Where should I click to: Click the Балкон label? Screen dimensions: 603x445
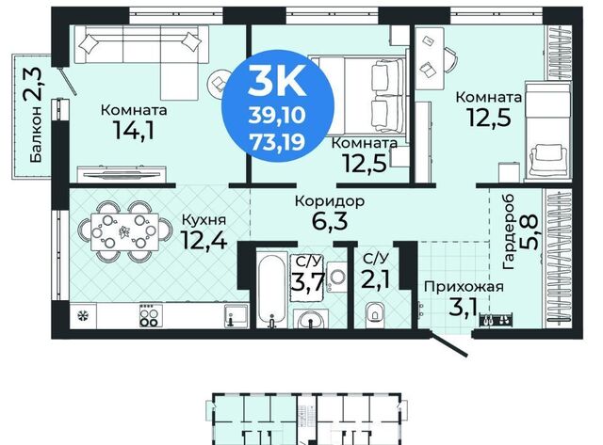click(x=36, y=134)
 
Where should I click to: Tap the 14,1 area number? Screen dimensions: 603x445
click(x=134, y=130)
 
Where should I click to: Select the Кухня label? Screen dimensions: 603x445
click(x=204, y=220)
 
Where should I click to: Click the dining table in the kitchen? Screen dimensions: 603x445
click(x=124, y=231)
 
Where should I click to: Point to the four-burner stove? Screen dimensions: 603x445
click(x=151, y=315)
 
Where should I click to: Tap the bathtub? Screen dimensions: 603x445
click(x=272, y=290)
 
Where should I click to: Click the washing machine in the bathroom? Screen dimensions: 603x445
click(x=337, y=277)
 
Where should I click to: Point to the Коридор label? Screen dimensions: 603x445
click(x=330, y=200)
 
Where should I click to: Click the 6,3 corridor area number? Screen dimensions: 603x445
click(x=330, y=221)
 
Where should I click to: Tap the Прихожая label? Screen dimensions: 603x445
click(x=464, y=286)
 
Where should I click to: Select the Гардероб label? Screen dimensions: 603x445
click(x=508, y=231)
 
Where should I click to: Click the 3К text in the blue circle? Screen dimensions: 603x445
click(x=277, y=80)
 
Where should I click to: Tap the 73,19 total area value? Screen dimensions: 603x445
click(x=277, y=141)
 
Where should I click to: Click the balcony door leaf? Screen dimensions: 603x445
click(x=67, y=81)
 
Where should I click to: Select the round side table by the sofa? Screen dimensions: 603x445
click(x=218, y=82)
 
